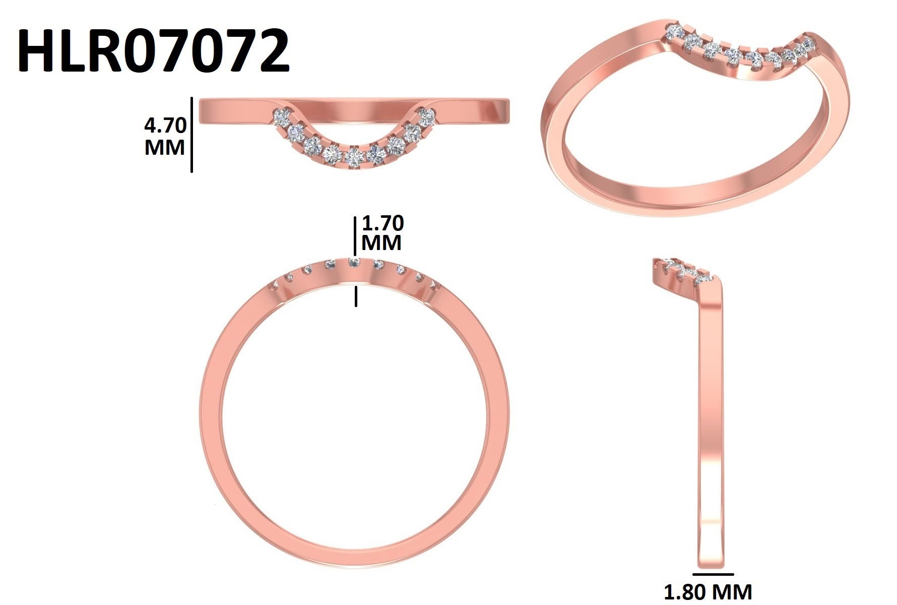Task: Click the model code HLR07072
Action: tap(154, 50)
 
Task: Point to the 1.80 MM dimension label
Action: tap(708, 591)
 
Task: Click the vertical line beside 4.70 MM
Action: tap(191, 135)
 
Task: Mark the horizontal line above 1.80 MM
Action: tap(713, 574)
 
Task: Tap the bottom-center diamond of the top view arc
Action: tap(354, 157)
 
